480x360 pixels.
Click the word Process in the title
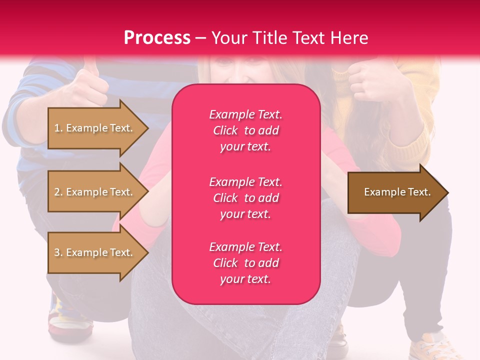(x=157, y=38)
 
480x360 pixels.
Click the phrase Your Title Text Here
(x=289, y=38)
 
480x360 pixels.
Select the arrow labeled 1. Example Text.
(x=95, y=128)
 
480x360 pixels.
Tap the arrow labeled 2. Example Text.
(x=95, y=192)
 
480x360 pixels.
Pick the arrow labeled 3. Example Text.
(x=95, y=252)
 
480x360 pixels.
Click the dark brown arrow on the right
(x=395, y=192)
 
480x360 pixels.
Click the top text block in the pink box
(x=245, y=130)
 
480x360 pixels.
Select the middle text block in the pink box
(x=245, y=198)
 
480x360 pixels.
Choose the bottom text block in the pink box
(x=245, y=263)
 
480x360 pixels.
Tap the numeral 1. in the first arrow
(x=58, y=128)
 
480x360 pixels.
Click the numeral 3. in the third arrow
(x=58, y=252)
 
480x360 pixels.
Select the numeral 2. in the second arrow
(x=58, y=192)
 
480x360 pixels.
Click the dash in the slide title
(x=200, y=38)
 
